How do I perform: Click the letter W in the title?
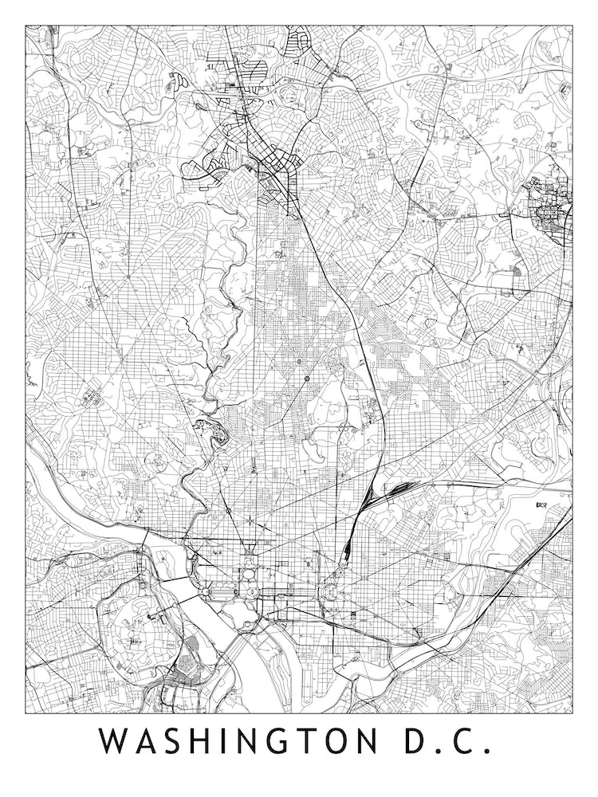115,741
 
